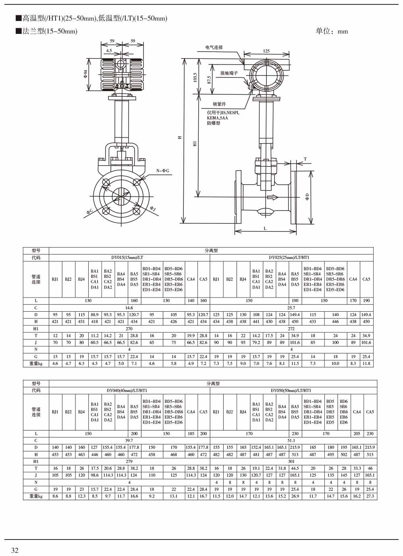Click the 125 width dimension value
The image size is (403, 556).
coord(266,51)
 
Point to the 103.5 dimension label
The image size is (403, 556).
coord(195,77)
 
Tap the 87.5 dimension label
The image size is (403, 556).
coord(209,80)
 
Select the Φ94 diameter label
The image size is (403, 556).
coord(85,74)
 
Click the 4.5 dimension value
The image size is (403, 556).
coord(109,51)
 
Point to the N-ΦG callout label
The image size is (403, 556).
coord(162,171)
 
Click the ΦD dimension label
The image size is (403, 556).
coord(307,197)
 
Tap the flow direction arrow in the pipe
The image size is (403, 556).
coord(272,198)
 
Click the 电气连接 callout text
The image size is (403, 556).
coord(214,47)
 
